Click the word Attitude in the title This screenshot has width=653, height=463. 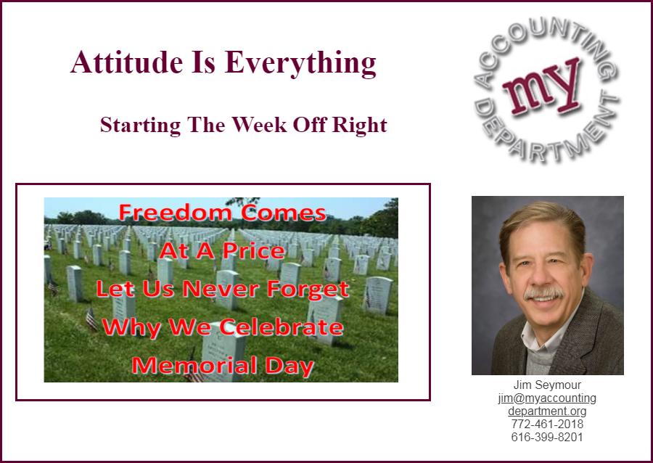click(x=126, y=62)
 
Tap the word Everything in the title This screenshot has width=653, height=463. click(x=300, y=64)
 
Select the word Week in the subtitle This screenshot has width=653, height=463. click(x=259, y=125)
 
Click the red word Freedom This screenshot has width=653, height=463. click(x=176, y=212)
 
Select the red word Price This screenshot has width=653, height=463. click(x=254, y=250)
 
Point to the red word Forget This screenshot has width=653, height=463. click(x=308, y=290)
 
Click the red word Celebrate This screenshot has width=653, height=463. click(x=281, y=327)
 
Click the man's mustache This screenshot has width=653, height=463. click(x=544, y=292)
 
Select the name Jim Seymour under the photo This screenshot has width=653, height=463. click(x=547, y=385)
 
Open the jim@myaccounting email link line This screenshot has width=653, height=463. click(x=547, y=398)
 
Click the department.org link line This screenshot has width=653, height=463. click(x=547, y=411)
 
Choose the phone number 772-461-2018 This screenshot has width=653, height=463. click(x=547, y=425)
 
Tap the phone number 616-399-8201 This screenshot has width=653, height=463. click(x=547, y=437)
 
